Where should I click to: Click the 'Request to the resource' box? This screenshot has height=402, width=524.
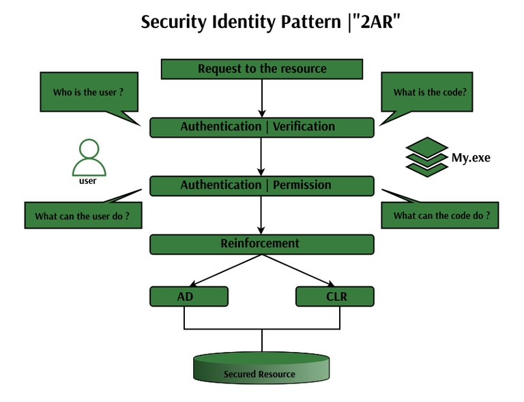(x=262, y=69)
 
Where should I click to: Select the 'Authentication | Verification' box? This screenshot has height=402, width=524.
(x=261, y=127)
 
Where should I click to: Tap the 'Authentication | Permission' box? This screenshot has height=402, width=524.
(x=261, y=185)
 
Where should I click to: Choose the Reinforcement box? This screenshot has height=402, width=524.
(x=261, y=244)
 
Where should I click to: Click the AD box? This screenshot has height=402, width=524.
(x=188, y=297)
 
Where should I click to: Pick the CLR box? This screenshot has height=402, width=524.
(x=335, y=297)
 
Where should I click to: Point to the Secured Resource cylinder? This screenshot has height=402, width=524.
(x=262, y=368)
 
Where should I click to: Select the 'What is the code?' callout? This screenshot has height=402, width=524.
(x=430, y=92)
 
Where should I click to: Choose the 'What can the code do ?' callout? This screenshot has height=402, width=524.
(x=441, y=216)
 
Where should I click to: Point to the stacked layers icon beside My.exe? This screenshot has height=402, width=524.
(x=427, y=156)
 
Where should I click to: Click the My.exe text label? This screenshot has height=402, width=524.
(x=471, y=158)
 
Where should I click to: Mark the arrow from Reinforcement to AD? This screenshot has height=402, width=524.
(x=226, y=269)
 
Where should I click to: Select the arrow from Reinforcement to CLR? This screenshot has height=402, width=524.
(x=297, y=269)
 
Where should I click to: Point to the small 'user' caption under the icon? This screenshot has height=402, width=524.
(x=88, y=181)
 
